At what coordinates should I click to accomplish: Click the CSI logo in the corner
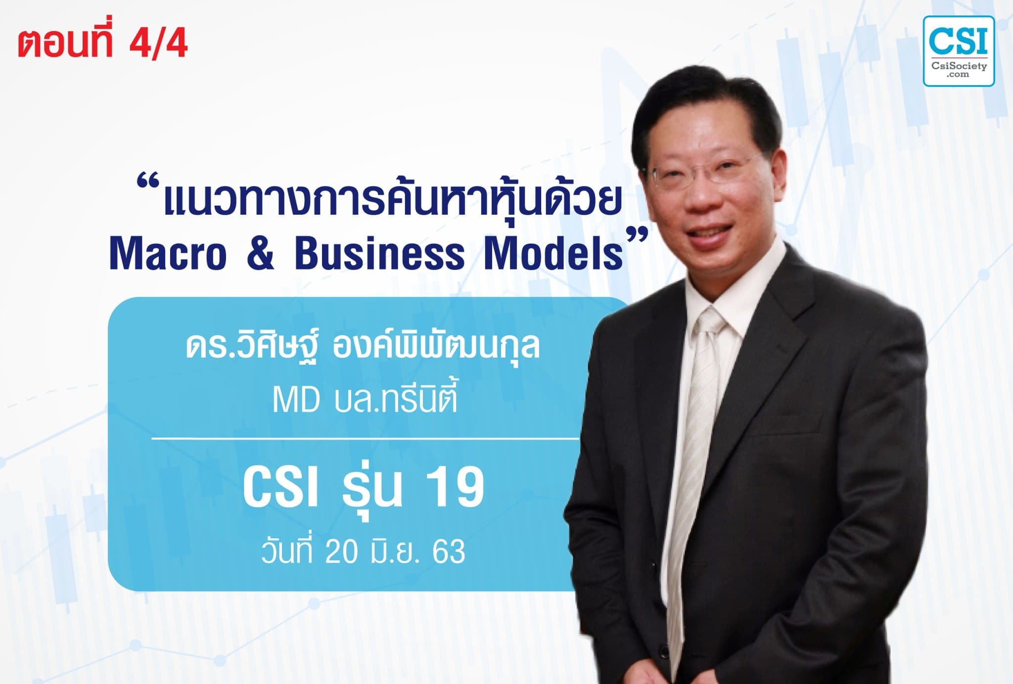(958, 50)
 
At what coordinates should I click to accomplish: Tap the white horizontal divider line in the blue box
(365, 439)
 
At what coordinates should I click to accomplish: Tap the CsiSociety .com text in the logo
(959, 69)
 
